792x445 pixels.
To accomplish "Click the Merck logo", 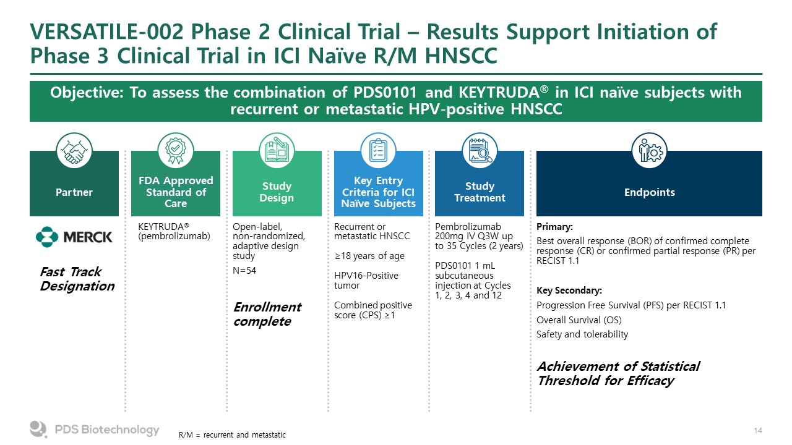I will tap(74, 236).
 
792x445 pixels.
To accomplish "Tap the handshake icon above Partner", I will tap(74, 151).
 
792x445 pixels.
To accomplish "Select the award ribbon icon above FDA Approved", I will tap(175, 151).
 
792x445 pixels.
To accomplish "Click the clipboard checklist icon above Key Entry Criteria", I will tap(378, 151).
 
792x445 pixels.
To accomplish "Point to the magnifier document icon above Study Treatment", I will tap(480, 151).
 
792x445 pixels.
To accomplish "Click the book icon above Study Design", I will tap(277, 151).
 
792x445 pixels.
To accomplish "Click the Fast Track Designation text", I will tap(77, 279).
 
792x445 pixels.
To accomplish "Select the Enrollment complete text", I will tap(267, 314).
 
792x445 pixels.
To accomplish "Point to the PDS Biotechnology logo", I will tap(95, 430).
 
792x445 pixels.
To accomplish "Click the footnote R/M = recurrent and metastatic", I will tap(232, 435).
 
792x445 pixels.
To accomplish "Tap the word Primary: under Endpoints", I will tap(554, 227).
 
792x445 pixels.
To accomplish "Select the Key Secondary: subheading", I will tap(569, 290).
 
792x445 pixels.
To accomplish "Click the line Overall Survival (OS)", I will tap(579, 320).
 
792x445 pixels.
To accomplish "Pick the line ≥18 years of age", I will tap(369, 256).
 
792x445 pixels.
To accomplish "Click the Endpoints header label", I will tap(649, 192).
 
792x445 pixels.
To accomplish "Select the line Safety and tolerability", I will tap(582, 334).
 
